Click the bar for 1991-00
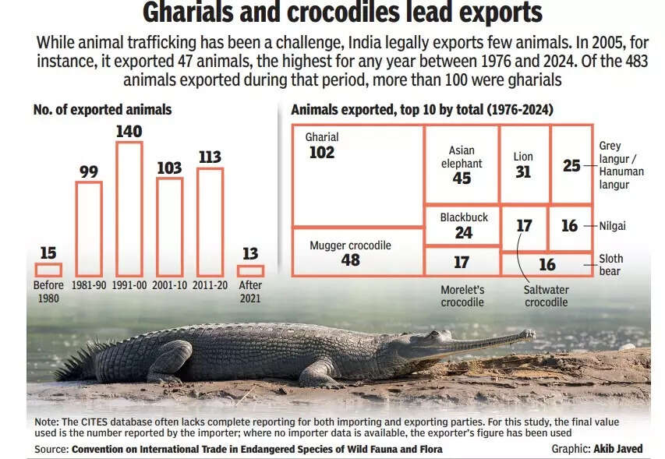pos(129,209)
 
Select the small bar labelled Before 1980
pos(48,270)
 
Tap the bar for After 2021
pos(250,270)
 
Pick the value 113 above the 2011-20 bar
pos(210,157)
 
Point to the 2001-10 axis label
pos(169,286)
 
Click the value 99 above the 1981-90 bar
pos(89,171)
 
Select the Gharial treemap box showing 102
pos(358,175)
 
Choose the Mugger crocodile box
pos(358,252)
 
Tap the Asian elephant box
pos(462,164)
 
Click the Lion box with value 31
pos(523,164)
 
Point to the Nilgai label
pos(613,226)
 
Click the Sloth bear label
pos(610,265)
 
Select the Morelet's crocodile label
pos(462,296)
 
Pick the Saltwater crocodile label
pos(546,296)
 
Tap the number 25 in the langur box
pos(571,165)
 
